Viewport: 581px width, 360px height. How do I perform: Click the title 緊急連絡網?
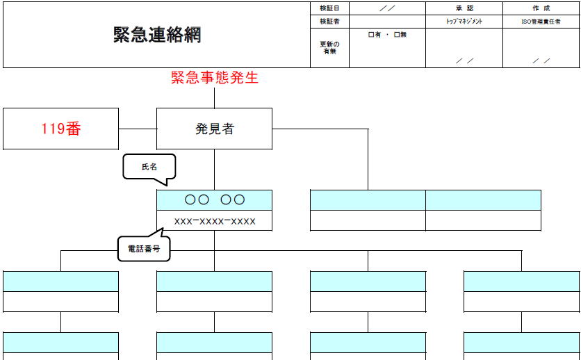pyautogui.click(x=157, y=35)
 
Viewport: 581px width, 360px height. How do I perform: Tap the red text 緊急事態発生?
pyautogui.click(x=214, y=78)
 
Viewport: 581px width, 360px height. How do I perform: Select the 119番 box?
pyautogui.click(x=60, y=129)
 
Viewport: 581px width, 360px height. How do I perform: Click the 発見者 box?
pyautogui.click(x=214, y=129)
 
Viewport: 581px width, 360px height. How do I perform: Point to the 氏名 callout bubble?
pyautogui.click(x=149, y=167)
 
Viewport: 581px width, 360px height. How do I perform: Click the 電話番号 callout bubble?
pyautogui.click(x=144, y=248)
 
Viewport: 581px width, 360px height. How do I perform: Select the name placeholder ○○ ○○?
pyautogui.click(x=214, y=200)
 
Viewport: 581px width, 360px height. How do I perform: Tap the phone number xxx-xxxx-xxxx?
pyautogui.click(x=214, y=221)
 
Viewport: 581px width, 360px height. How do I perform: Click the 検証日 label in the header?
pyautogui.click(x=329, y=8)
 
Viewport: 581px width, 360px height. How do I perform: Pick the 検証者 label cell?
pyautogui.click(x=329, y=22)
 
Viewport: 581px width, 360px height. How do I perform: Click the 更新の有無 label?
pyautogui.click(x=329, y=48)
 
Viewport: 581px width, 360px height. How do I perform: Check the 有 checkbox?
pyautogui.click(x=371, y=35)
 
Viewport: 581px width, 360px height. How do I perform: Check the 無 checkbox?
pyautogui.click(x=397, y=35)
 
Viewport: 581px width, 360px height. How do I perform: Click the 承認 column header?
pyautogui.click(x=464, y=8)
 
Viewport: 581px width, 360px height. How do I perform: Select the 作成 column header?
pyautogui.click(x=541, y=8)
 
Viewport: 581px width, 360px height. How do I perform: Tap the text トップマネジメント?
pyautogui.click(x=464, y=22)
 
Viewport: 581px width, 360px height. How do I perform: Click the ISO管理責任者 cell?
pyautogui.click(x=541, y=22)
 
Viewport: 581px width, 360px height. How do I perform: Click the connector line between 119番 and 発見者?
pyautogui.click(x=138, y=129)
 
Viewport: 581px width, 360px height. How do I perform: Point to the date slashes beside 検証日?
pyautogui.click(x=387, y=8)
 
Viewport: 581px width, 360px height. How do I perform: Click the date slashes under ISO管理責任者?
pyautogui.click(x=541, y=60)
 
